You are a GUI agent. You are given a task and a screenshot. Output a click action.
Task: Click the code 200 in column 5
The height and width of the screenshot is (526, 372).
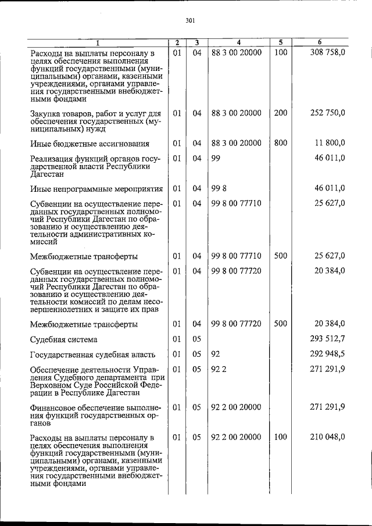coord(280,113)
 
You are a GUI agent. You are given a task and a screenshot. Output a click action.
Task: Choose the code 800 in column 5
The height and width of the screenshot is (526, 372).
coord(280,142)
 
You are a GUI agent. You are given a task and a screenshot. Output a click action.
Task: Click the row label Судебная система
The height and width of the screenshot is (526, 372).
coord(64,339)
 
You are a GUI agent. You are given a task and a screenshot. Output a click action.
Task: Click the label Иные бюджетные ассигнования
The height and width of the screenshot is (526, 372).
coord(90,143)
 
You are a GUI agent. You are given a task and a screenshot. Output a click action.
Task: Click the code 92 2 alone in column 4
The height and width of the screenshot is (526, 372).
coord(219,368)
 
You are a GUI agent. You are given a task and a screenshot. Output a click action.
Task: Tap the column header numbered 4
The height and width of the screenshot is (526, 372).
coord(238,42)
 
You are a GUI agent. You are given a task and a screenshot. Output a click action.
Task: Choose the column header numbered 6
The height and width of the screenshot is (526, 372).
coord(320,42)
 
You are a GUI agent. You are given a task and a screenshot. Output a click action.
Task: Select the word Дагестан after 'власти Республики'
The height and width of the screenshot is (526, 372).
coord(49,173)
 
